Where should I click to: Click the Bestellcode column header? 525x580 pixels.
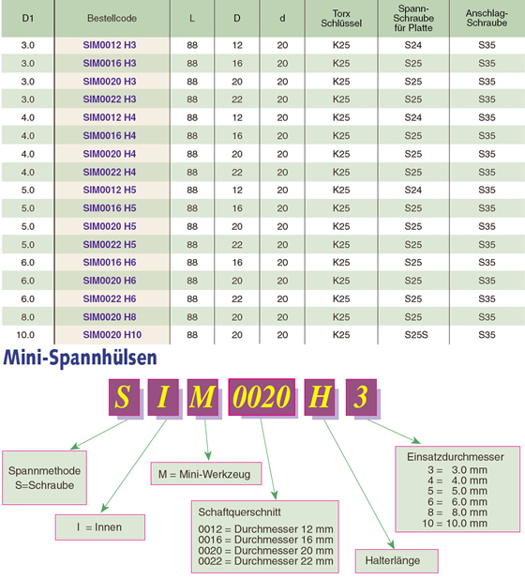tap(112, 18)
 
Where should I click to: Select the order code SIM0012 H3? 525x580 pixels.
tap(110, 45)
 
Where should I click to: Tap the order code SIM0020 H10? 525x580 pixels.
tap(112, 335)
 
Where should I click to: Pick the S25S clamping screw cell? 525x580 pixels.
tap(416, 335)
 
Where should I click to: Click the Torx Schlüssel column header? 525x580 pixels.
tap(341, 19)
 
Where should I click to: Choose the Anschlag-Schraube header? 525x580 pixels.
tap(487, 18)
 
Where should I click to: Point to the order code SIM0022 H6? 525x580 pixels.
tap(110, 298)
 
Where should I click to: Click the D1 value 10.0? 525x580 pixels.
tap(25, 335)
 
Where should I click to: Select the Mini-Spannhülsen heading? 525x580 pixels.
tap(81, 358)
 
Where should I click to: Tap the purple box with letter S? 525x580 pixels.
tap(124, 397)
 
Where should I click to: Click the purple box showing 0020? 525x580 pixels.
tap(262, 397)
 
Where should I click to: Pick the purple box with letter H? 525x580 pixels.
tap(320, 397)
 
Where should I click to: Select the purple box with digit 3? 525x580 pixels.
tap(361, 397)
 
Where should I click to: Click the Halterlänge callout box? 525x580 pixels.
tap(397, 561)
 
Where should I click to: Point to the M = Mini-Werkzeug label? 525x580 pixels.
tap(206, 473)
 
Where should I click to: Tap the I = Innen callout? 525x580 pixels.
tap(100, 527)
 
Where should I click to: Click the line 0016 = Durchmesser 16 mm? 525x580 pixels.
tap(265, 540)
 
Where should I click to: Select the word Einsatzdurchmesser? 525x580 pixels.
tap(456, 457)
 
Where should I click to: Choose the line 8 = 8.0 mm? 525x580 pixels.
tap(457, 512)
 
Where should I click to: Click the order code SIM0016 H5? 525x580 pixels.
tap(110, 208)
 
